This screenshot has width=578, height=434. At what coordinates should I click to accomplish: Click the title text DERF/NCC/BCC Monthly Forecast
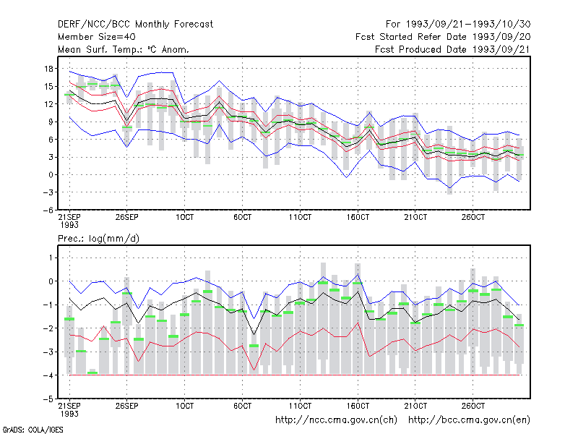coord(135,25)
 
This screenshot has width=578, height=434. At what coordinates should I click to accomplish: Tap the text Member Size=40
coord(97,37)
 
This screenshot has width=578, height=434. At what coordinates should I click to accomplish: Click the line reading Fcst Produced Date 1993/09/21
coord(452,49)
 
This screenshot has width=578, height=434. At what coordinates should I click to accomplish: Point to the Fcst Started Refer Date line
coord(443,37)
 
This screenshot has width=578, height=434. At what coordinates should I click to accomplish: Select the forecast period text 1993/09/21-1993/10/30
coord(468,25)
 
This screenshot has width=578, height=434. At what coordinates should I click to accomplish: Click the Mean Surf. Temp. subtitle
coord(123,49)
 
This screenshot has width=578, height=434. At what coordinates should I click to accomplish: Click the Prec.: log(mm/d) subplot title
coord(98,239)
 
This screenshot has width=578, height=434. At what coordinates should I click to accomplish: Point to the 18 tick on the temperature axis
coord(48,69)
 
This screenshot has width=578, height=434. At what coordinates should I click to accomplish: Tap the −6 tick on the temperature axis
coord(48,210)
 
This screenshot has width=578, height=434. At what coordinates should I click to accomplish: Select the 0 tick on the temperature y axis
coord(51,175)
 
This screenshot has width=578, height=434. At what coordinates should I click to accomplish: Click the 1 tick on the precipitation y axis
coord(51,258)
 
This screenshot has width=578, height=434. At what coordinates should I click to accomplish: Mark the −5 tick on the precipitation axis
coord(48,399)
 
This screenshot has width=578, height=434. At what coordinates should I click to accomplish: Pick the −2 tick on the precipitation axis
coord(48,328)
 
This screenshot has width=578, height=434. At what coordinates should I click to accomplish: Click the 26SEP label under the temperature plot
coord(127,217)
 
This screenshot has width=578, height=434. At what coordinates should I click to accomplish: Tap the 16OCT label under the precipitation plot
coord(358,406)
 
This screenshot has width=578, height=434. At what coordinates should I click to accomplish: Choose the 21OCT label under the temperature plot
coord(415,217)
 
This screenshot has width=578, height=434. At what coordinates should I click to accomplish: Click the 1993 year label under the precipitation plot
coord(69,414)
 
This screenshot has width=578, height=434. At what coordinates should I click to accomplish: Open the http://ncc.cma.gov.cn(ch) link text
coord(336,420)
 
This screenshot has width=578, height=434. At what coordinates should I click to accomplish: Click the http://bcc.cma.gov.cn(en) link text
coord(469,420)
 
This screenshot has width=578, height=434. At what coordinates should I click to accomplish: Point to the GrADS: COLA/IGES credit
coord(33,430)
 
